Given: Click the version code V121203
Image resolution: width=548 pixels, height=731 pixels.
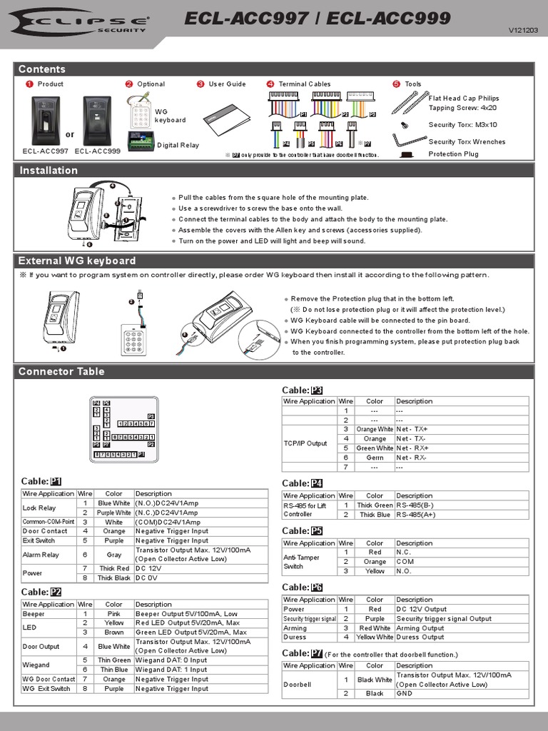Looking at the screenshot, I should click(x=523, y=31).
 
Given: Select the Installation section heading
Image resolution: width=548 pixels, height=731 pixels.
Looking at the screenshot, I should click(x=49, y=170).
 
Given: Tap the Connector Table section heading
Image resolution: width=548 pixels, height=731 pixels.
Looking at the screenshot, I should click(x=61, y=371).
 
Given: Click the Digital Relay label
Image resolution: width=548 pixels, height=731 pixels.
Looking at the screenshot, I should click(x=178, y=145).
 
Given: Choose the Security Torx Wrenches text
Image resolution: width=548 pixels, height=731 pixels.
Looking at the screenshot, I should click(x=467, y=142).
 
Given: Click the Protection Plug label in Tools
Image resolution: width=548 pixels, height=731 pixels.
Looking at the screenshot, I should click(x=453, y=153).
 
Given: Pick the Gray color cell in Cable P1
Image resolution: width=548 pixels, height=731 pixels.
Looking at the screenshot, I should click(x=114, y=554).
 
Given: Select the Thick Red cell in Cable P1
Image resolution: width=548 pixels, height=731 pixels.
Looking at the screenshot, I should click(x=114, y=568).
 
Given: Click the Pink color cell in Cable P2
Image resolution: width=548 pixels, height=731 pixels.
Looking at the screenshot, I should click(x=114, y=613).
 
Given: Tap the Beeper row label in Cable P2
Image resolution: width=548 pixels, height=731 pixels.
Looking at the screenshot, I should click(x=34, y=613).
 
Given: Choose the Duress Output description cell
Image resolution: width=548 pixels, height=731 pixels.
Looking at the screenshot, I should click(x=420, y=637).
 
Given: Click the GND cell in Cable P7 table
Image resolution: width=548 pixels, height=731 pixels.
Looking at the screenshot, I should click(x=404, y=693).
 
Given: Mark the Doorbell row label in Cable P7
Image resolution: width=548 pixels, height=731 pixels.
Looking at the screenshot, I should click(x=298, y=684).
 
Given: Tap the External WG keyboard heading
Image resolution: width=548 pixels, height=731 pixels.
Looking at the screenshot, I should click(x=77, y=261).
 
